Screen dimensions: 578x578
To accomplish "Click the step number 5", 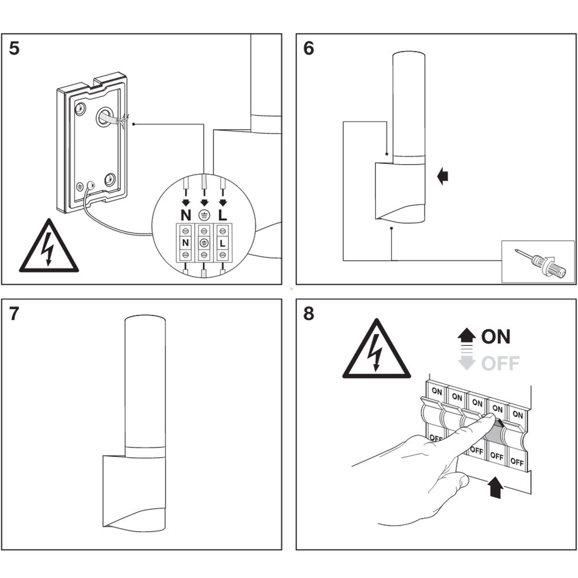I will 14,49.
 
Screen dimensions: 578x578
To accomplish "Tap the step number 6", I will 308,49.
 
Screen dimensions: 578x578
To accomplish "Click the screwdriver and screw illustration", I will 538,262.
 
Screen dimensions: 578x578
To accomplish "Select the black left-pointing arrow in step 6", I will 442,176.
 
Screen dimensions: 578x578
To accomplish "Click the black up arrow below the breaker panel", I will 496,488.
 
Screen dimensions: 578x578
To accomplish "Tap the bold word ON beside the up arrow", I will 496,336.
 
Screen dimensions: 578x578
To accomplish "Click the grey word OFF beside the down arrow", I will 500,363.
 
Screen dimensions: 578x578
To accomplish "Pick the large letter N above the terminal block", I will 185,216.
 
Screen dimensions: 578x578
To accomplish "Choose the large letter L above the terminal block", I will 223,216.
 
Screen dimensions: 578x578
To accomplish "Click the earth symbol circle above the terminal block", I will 204,216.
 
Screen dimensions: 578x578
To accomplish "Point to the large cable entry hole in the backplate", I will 104,117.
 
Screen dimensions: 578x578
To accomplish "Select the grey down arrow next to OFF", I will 467,363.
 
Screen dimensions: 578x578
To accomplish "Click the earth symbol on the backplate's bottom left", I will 80,187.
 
